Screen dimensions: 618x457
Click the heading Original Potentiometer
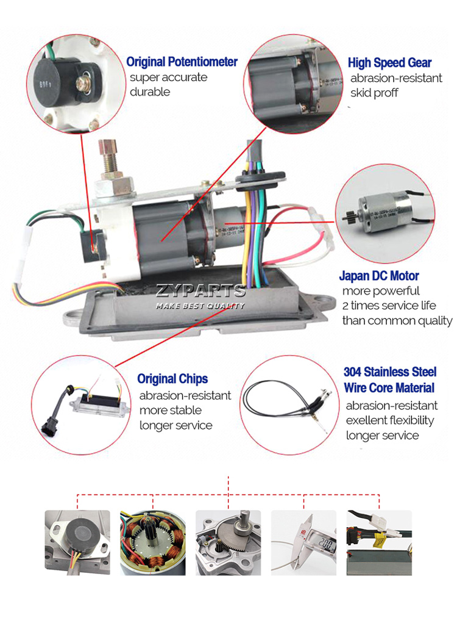[182, 62]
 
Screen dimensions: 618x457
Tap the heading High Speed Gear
[389, 63]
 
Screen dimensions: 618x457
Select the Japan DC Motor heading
[378, 276]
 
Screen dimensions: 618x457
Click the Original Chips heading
[172, 379]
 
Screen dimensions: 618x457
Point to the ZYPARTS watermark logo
[200, 291]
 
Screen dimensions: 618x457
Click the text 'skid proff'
[374, 93]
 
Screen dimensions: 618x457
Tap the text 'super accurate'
[168, 77]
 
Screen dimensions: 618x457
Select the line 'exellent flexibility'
[390, 420]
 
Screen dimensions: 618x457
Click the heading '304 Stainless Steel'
[390, 372]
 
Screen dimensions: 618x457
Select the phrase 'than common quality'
[397, 321]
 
